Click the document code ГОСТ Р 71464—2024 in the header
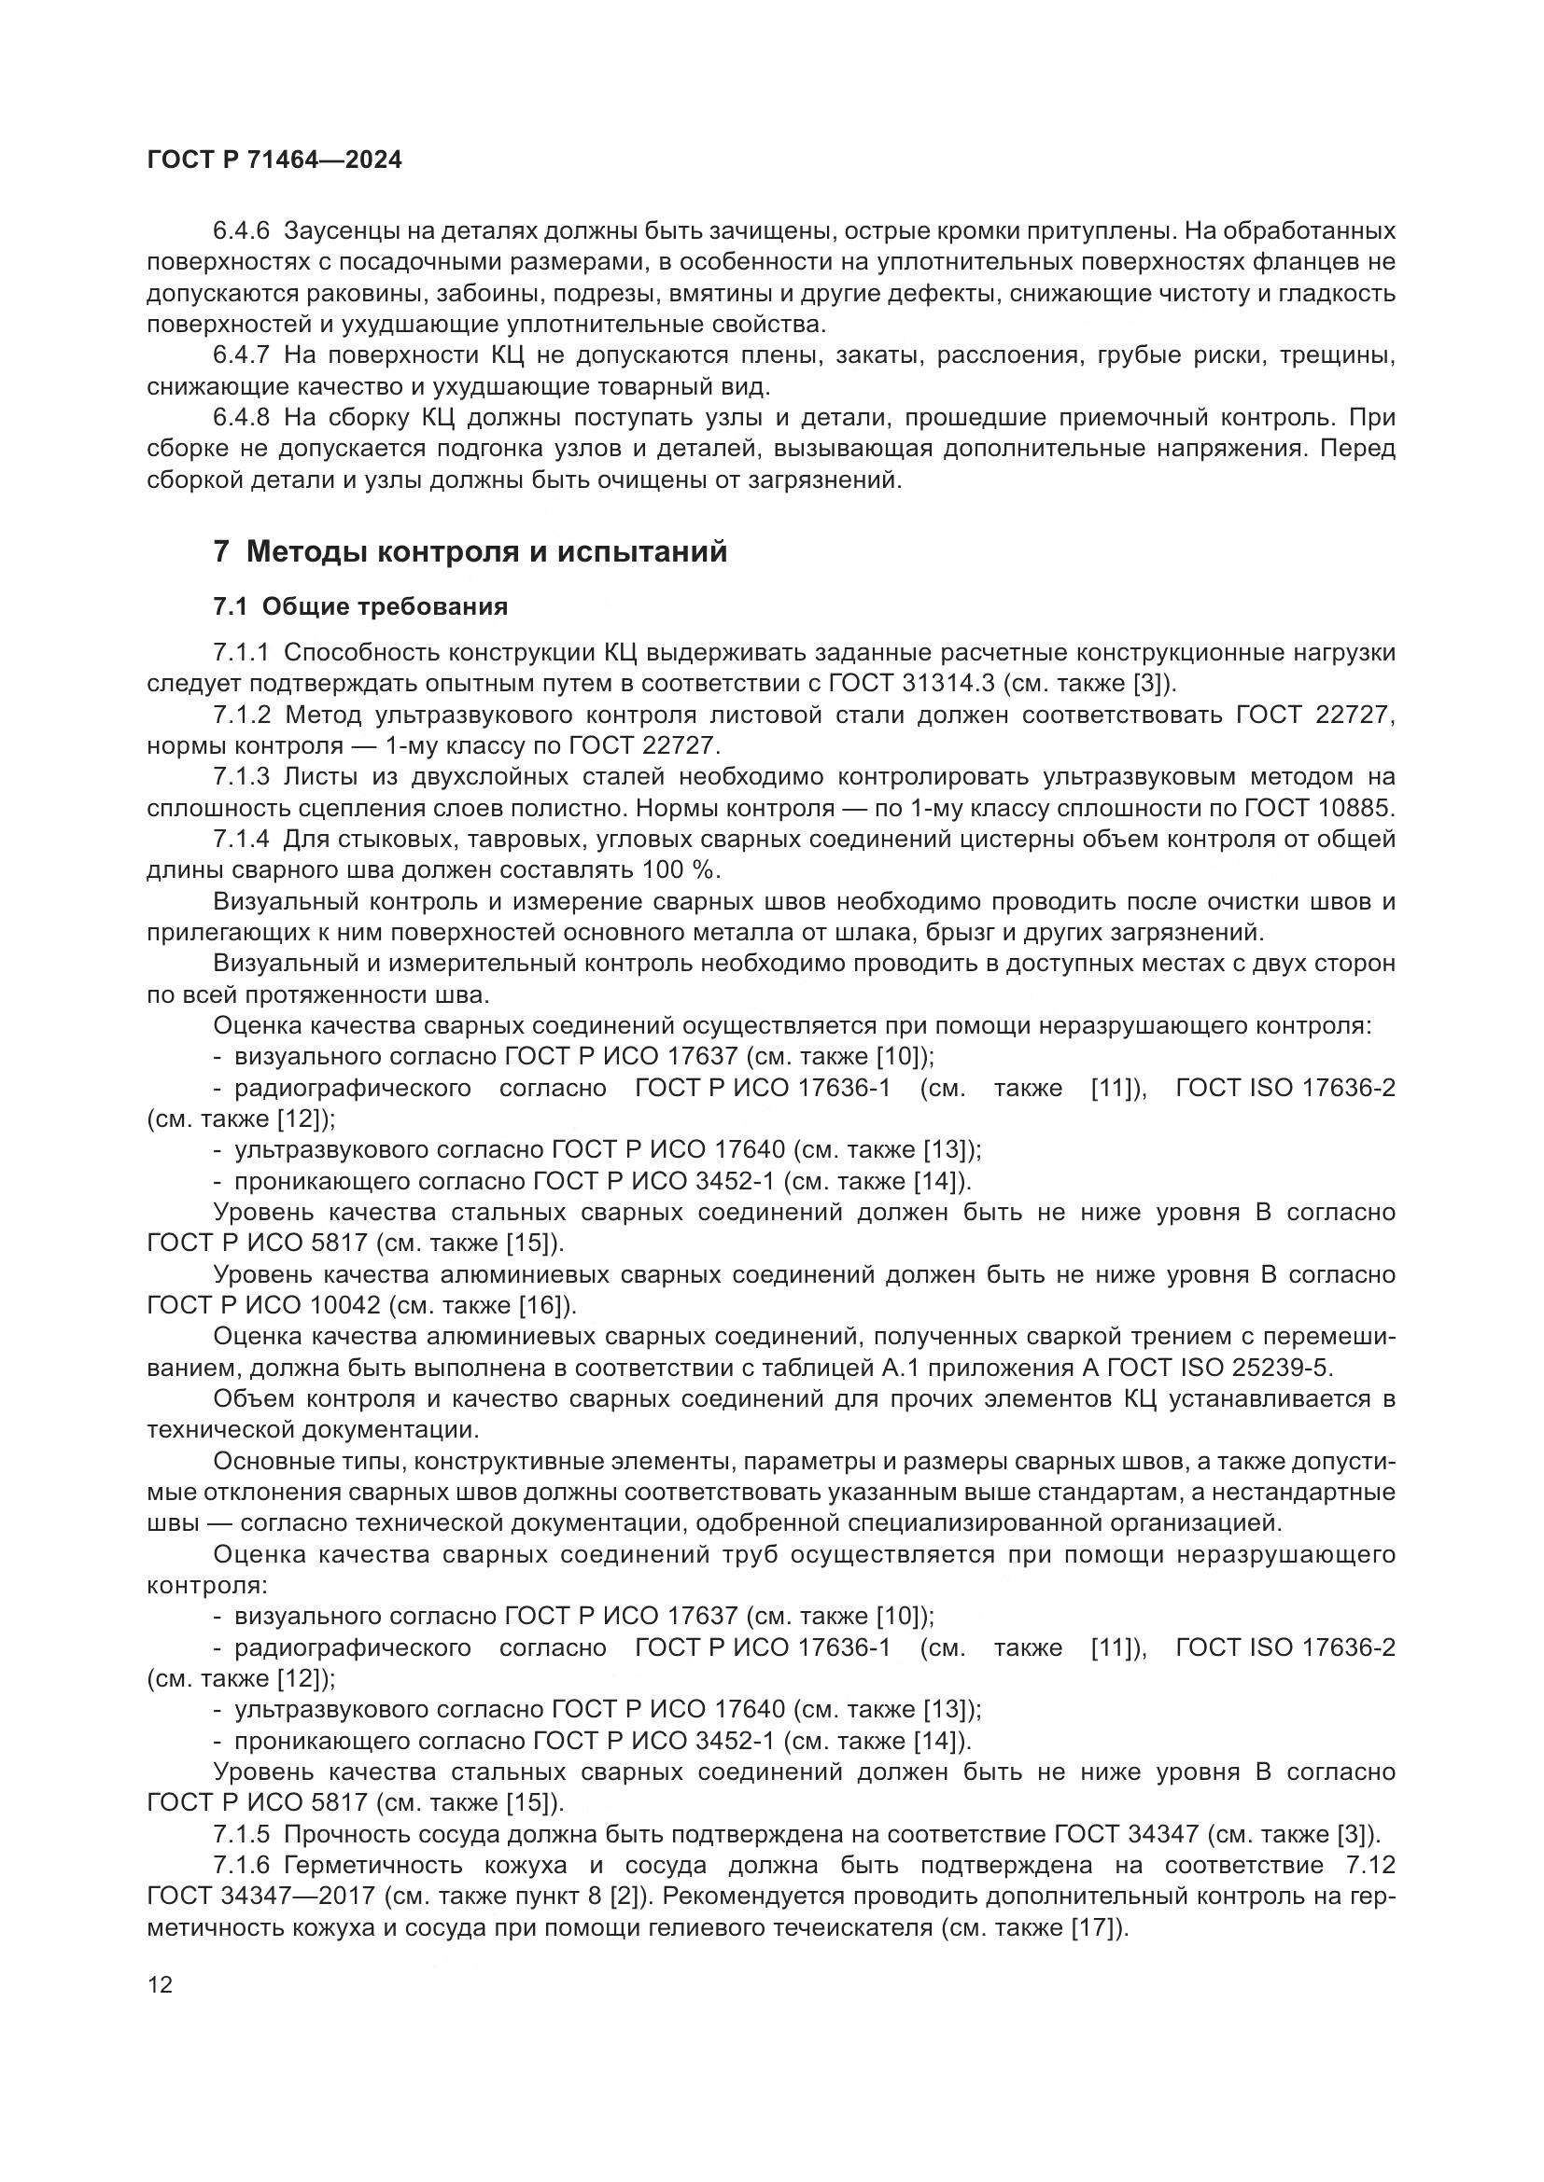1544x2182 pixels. pos(274,160)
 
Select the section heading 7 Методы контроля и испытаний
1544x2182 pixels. pos(470,551)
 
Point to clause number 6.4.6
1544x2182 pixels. pos(242,231)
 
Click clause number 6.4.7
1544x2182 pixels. pos(242,355)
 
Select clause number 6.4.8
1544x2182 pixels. pos(242,417)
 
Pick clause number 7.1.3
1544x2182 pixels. pos(242,776)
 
